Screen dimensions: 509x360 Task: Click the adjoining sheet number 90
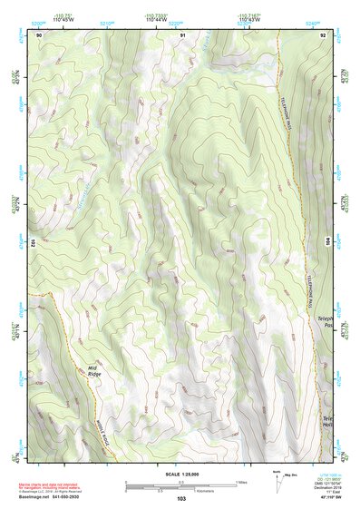[x=38, y=34]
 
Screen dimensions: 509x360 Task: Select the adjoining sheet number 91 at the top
[x=182, y=34]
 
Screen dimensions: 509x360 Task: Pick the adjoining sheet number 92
[x=322, y=34]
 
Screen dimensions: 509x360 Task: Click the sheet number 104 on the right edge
[x=328, y=242]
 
